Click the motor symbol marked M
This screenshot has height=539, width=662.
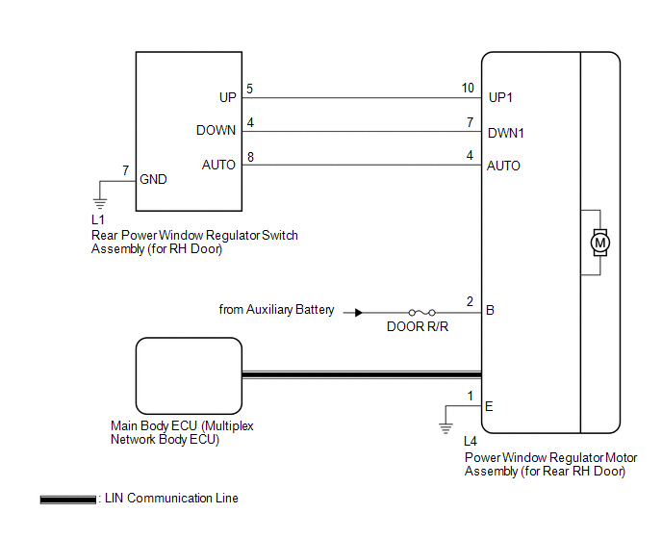600,242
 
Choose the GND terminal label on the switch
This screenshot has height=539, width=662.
153,179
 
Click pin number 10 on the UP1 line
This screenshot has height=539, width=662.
468,88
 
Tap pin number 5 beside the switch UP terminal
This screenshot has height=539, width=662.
250,88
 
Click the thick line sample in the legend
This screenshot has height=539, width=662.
67,500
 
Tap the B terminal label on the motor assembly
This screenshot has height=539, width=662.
491,311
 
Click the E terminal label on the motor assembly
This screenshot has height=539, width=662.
490,406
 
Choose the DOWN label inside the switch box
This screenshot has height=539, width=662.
216,131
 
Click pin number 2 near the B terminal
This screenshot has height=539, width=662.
470,302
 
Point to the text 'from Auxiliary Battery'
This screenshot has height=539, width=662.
277,310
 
